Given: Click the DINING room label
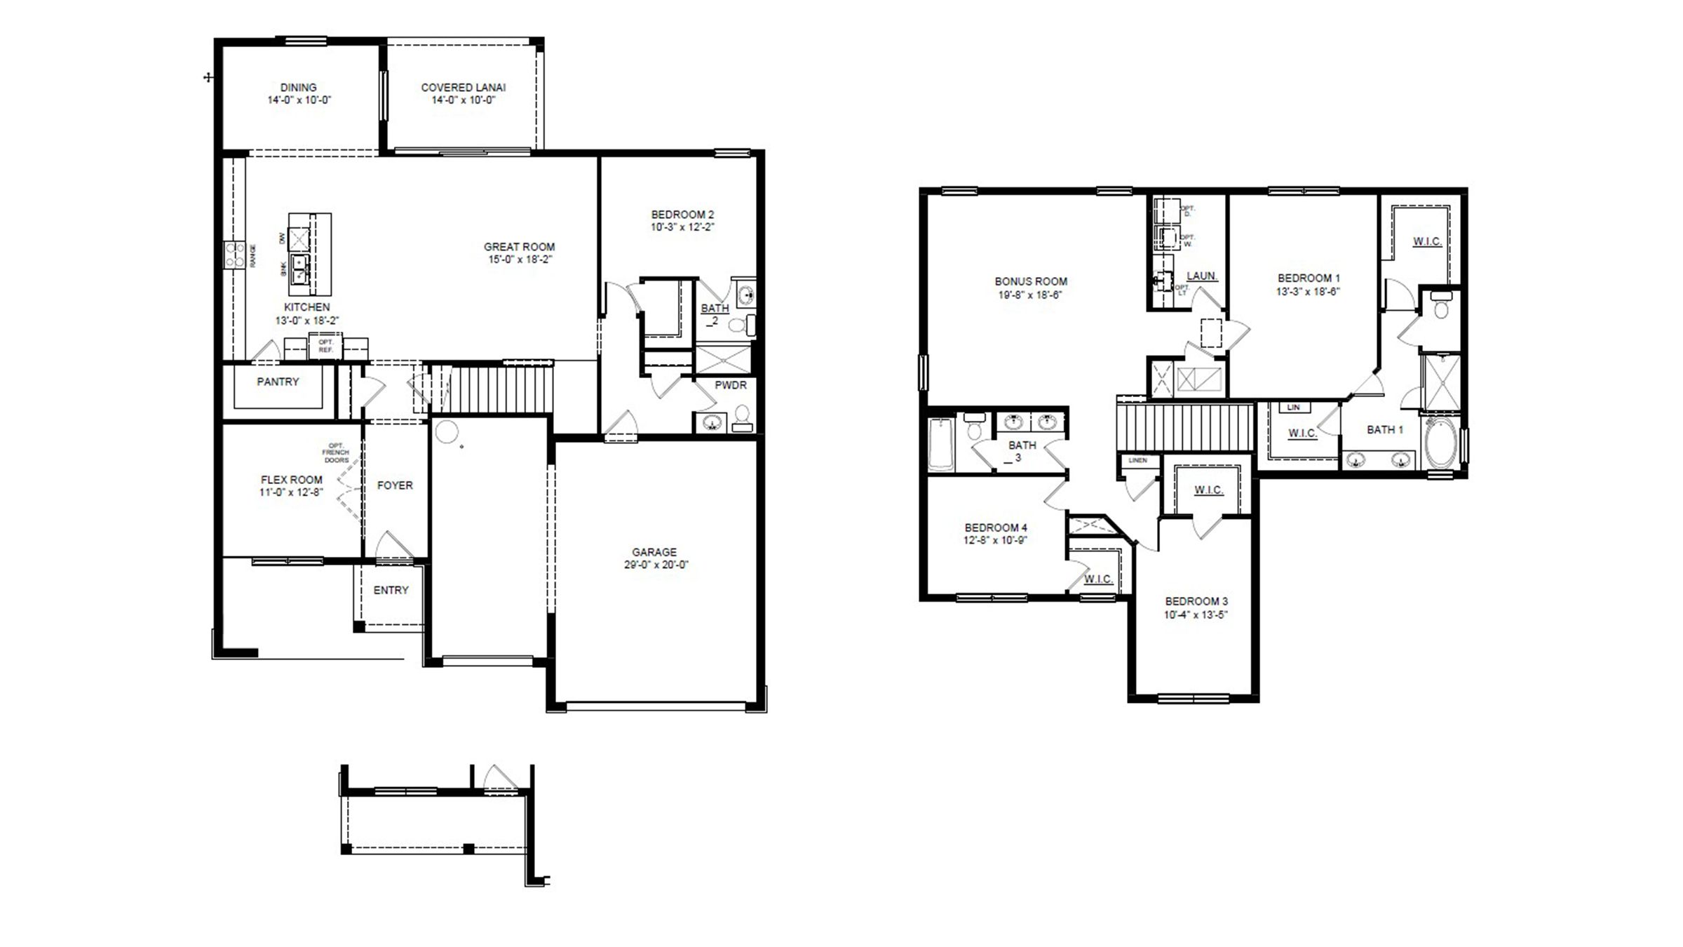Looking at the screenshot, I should pyautogui.click(x=298, y=88).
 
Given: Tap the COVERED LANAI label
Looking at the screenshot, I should pyautogui.click(x=463, y=88).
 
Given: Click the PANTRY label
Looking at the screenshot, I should pyautogui.click(x=278, y=382).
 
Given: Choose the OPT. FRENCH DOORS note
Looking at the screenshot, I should pyautogui.click(x=336, y=453).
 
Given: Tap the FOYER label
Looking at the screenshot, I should pyautogui.click(x=395, y=485).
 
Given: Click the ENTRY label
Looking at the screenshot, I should pyautogui.click(x=391, y=591).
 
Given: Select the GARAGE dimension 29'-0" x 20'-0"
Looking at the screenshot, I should pyautogui.click(x=656, y=565).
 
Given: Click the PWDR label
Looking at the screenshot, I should pyautogui.click(x=730, y=385).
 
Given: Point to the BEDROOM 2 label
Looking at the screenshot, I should pyautogui.click(x=682, y=215).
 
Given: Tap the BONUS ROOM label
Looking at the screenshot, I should pyautogui.click(x=1031, y=281).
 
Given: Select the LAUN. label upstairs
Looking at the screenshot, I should pyautogui.click(x=1202, y=276).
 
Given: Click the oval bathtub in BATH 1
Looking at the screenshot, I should pyautogui.click(x=1440, y=443).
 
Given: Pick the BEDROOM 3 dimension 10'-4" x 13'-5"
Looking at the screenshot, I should pyautogui.click(x=1196, y=615).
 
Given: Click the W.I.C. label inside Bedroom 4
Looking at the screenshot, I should pyautogui.click(x=1098, y=579).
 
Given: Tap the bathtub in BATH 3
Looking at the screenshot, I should pyautogui.click(x=941, y=444).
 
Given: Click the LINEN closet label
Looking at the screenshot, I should pyautogui.click(x=1138, y=460).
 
